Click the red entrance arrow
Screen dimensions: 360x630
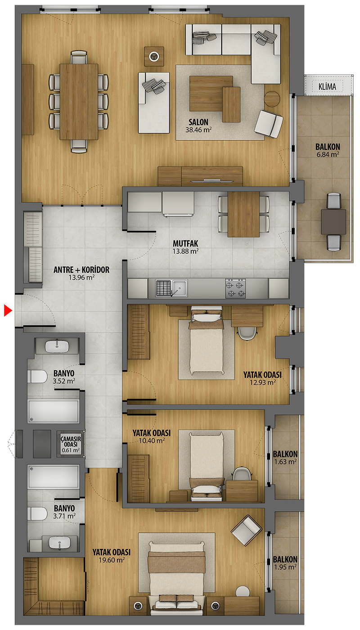click(8, 310)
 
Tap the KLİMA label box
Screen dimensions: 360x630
click(328, 86)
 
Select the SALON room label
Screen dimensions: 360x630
click(198, 122)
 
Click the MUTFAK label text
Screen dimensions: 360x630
click(185, 243)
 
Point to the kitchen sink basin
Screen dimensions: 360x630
click(180, 288)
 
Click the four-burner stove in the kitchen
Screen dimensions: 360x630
click(235, 288)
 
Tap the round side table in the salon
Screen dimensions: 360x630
click(272, 99)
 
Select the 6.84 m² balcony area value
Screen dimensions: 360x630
click(328, 154)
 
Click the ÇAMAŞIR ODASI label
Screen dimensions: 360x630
click(71, 441)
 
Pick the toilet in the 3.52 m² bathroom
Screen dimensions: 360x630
click(37, 377)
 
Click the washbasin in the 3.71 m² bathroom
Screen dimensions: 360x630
click(59, 543)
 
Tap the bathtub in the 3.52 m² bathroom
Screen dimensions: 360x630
click(54, 411)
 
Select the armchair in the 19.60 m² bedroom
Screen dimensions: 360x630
click(247, 531)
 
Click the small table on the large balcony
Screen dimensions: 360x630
click(333, 222)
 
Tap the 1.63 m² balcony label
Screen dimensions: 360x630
click(285, 458)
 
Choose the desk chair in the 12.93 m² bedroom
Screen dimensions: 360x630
click(247, 333)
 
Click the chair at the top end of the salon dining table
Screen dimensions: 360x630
click(79, 58)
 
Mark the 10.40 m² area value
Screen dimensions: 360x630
click(152, 441)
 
